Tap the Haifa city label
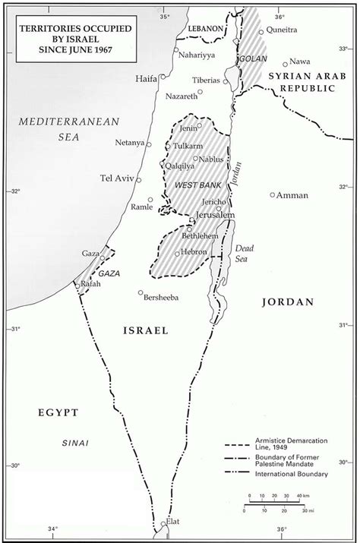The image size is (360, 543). [146, 78]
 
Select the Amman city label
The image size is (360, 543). [293, 195]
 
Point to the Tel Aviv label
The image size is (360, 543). [116, 178]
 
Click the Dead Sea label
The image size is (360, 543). [244, 253]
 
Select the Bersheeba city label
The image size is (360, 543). [160, 297]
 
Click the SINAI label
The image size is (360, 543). [75, 442]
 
